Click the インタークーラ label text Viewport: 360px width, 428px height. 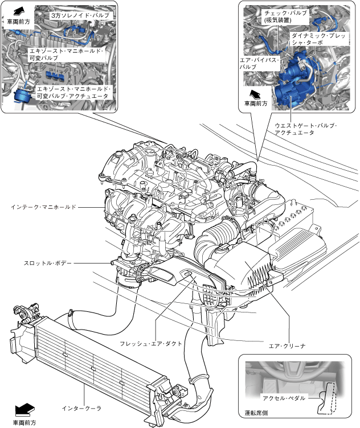point(81,408)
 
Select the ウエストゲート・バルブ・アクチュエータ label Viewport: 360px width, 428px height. point(305,129)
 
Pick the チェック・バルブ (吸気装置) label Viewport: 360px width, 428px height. point(285,16)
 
